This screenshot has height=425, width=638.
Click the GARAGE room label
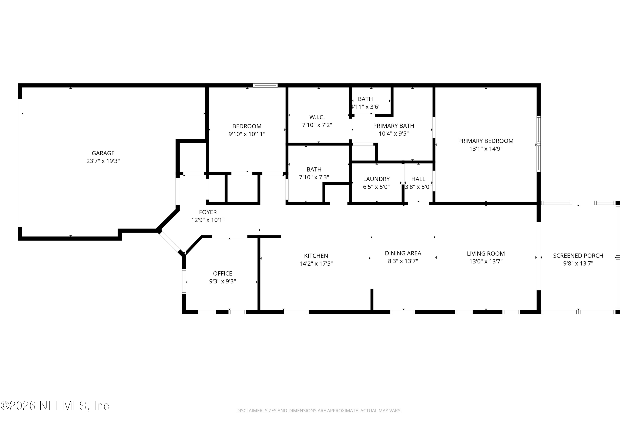point(103,153)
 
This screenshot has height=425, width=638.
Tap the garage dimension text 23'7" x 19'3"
point(103,161)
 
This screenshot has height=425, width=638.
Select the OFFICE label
point(223,273)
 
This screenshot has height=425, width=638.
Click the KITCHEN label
point(316,256)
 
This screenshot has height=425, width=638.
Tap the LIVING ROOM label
point(486,254)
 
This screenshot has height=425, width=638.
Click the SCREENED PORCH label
point(578,256)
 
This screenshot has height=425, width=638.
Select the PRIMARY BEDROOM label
point(486,141)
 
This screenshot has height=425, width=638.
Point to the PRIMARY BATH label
point(394,126)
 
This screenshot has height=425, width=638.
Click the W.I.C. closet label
point(317,117)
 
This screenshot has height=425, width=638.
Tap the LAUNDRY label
point(376,179)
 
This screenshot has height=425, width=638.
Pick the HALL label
point(418,179)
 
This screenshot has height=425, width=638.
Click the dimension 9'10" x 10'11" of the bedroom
point(247,134)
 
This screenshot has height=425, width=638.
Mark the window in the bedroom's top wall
point(265,85)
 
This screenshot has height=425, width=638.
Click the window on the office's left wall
point(184,281)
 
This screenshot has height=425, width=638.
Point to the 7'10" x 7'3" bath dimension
point(314,177)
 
